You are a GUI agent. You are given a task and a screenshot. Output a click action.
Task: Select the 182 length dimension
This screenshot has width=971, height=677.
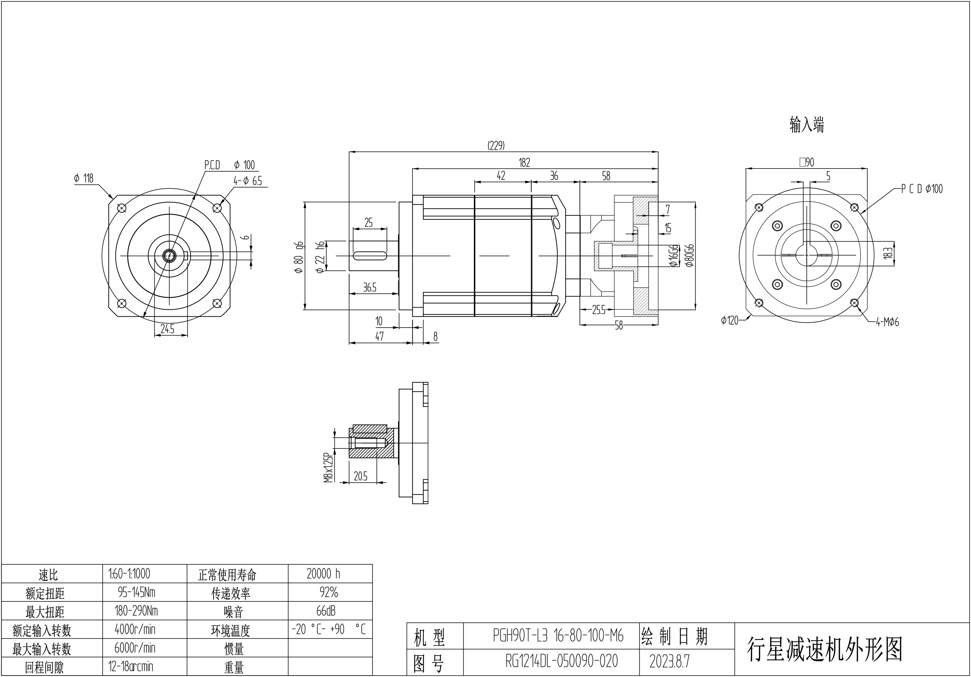[525, 163]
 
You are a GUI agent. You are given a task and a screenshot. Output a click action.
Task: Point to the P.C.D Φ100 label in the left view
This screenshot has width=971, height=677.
[229, 165]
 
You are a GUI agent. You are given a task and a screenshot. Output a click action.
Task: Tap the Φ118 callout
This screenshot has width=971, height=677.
[84, 178]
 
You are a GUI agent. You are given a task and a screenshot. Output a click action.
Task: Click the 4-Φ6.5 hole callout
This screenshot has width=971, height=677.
[248, 181]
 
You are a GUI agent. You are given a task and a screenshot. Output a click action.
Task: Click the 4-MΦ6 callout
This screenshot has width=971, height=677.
[887, 322]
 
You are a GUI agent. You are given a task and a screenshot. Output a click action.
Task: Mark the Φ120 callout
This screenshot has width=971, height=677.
[730, 320]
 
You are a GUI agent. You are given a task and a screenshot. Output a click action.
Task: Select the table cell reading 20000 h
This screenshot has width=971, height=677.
[324, 574]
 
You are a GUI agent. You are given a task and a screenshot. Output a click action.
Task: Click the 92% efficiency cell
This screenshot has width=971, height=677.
[329, 593]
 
